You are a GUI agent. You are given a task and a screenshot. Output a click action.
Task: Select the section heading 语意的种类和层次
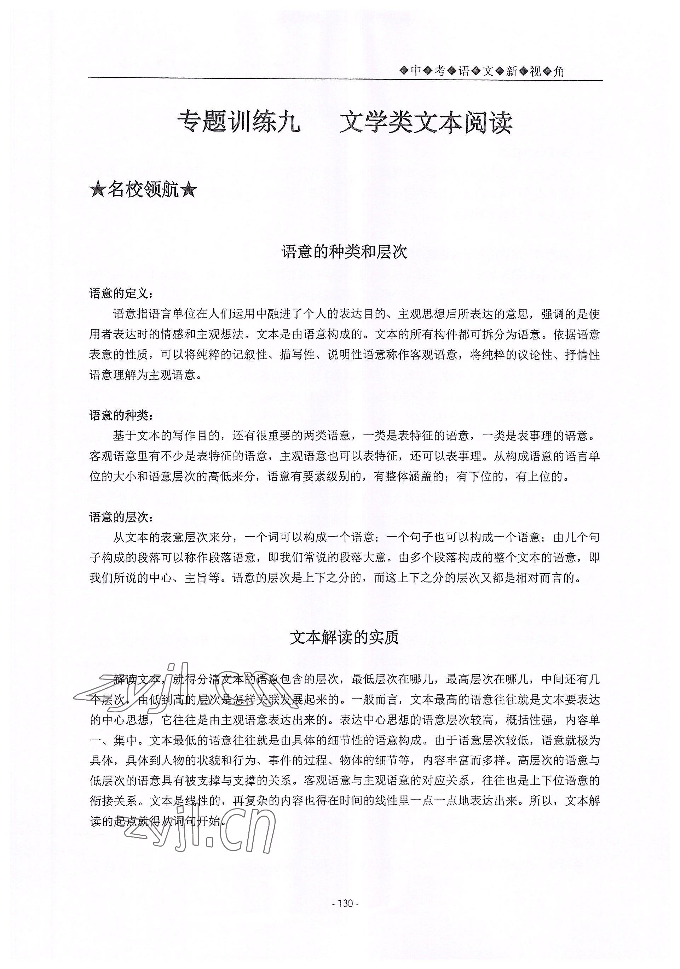[x=344, y=252]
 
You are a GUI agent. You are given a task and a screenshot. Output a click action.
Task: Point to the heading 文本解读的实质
[x=344, y=637]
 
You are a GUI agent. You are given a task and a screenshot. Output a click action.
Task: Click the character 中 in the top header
[x=416, y=71]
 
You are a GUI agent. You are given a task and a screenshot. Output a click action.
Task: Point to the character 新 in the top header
[x=512, y=71]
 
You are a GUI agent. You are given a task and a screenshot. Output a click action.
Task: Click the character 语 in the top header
[x=464, y=71]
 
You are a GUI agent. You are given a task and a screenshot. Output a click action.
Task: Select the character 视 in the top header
[x=535, y=71]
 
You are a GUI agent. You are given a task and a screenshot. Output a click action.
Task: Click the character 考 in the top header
[x=440, y=71]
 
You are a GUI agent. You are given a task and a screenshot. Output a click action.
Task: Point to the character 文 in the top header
[x=488, y=71]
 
